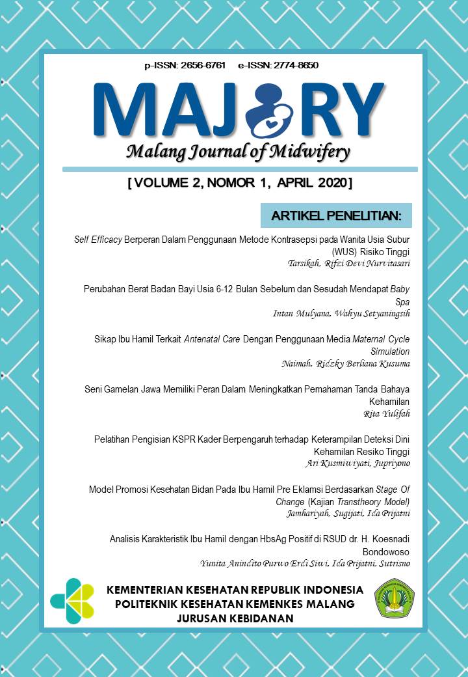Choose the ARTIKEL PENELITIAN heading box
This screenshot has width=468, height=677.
[x=336, y=215]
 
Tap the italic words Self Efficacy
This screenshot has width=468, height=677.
[x=99, y=240]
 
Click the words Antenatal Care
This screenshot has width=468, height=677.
[x=207, y=339]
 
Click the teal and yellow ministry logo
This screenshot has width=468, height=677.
[x=72, y=601]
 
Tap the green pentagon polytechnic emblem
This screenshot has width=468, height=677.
[x=394, y=598]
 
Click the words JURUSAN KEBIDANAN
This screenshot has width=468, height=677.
[x=235, y=618]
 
